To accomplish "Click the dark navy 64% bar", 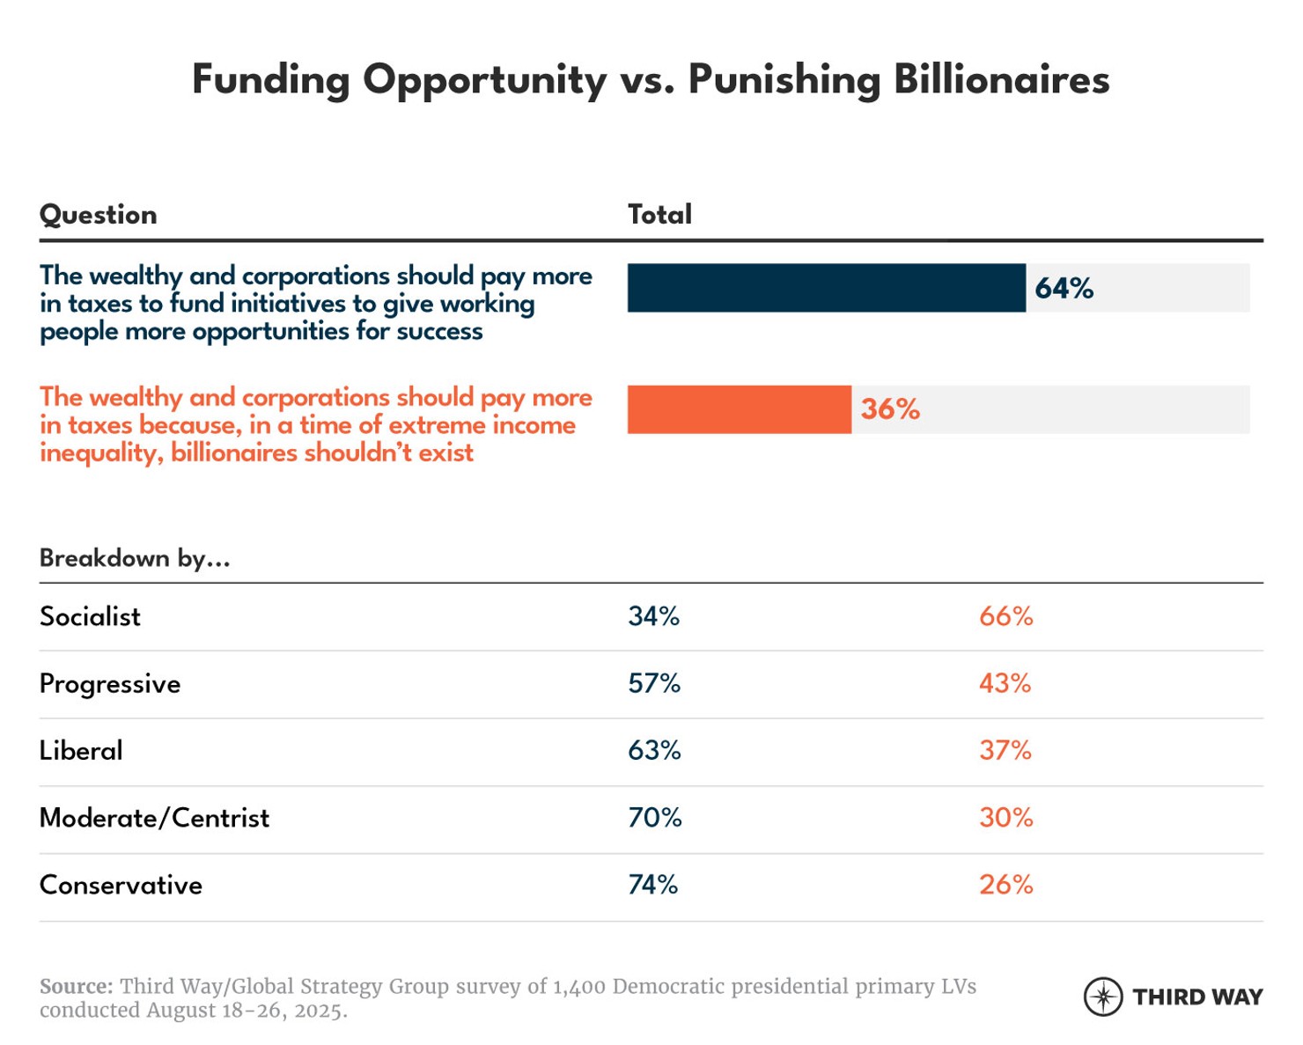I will click(x=826, y=288).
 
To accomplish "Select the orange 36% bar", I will click(x=739, y=409).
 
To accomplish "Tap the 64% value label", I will click(x=1064, y=288).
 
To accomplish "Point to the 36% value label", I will click(x=890, y=409).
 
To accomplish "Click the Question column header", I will click(x=99, y=215).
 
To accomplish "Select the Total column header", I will click(x=659, y=215).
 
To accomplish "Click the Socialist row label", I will click(x=90, y=616).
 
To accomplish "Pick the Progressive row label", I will click(x=110, y=684).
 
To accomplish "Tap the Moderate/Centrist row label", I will click(x=154, y=818).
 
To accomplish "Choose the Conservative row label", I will click(x=121, y=885).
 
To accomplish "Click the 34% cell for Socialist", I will click(x=653, y=616).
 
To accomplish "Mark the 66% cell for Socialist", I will click(x=1005, y=616).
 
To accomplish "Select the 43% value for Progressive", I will click(x=1005, y=683).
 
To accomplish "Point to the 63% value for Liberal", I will click(x=654, y=750).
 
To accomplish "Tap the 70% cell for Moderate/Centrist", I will click(x=654, y=818).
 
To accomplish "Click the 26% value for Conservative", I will click(x=1005, y=885).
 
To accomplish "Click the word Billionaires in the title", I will click(x=1001, y=80).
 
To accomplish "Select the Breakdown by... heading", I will click(x=135, y=558).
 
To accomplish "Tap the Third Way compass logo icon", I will click(x=1102, y=997).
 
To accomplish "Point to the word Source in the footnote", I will click(x=76, y=986).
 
